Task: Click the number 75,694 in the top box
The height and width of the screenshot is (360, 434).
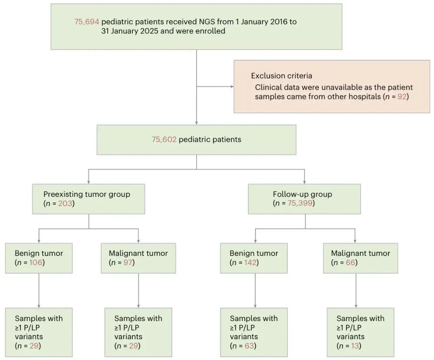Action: coord(87,22)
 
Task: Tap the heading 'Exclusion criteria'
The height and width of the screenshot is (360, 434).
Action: coord(282,75)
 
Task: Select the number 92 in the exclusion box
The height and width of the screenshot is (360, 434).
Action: coord(402,97)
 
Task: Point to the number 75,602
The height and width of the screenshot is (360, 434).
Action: coord(164,139)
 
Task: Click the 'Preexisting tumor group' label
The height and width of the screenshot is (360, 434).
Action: coord(87,194)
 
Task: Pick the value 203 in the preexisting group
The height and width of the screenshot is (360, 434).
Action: coord(65,203)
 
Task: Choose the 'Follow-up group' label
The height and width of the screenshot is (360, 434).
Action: coord(302,194)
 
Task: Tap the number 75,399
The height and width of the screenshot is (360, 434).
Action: coord(300,203)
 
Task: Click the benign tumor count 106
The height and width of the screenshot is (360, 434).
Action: coord(36,262)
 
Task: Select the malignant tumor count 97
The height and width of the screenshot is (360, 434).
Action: coord(128,262)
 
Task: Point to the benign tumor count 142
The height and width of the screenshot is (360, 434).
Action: coord(250,262)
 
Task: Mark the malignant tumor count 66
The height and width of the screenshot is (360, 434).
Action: coord(350,262)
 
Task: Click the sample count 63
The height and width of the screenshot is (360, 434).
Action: coord(250,346)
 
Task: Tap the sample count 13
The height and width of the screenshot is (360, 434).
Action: coord(355,346)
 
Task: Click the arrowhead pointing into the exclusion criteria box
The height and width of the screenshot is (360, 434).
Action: coord(232,87)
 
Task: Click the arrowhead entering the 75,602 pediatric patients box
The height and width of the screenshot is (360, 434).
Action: coord(197,123)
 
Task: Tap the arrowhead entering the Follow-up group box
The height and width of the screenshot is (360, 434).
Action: coord(305,182)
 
